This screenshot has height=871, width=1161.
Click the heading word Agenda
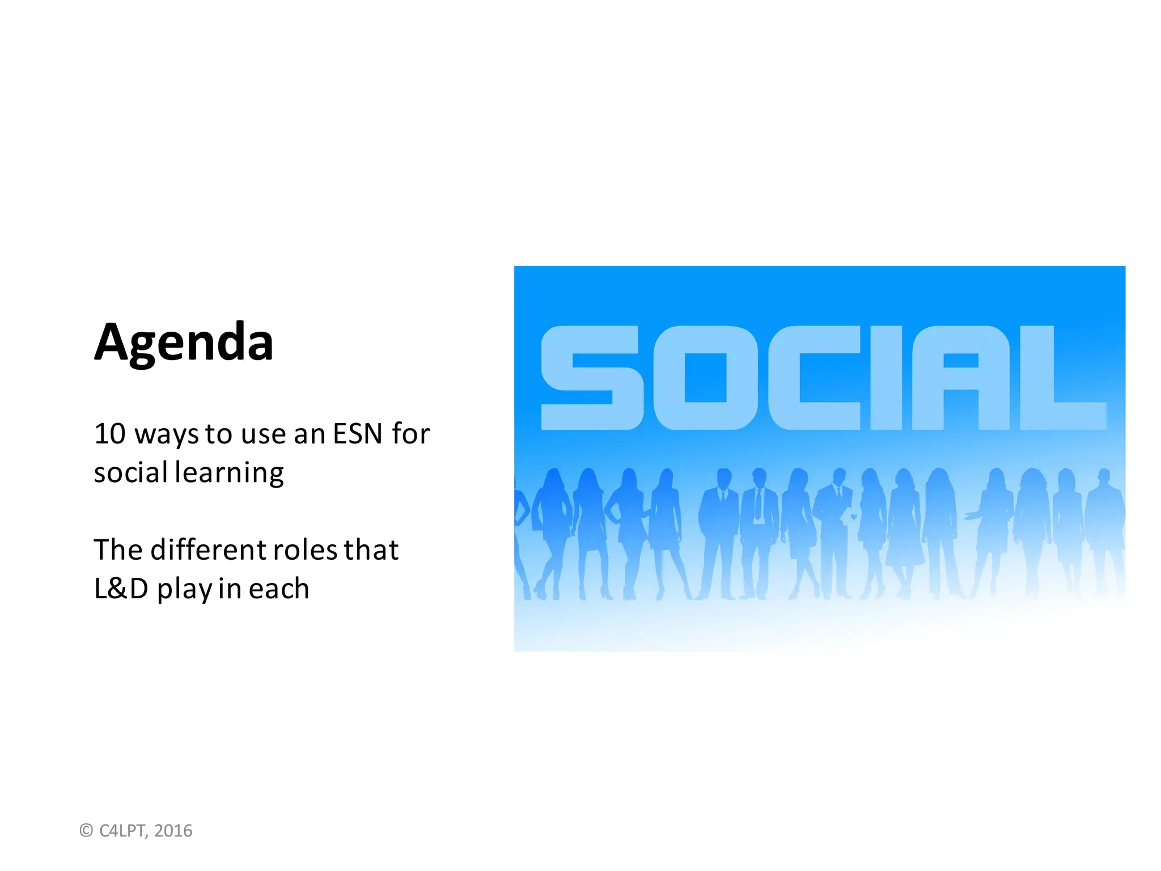(184, 343)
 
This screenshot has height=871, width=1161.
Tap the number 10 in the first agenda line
(109, 434)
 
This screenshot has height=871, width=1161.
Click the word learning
(229, 473)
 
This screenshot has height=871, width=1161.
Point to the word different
(208, 550)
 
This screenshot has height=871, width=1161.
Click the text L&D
(121, 589)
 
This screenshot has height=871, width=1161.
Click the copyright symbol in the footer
(86, 831)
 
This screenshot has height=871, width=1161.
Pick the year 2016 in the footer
(173, 831)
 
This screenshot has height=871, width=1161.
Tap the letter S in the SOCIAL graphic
(592, 378)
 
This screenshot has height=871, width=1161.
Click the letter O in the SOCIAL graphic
(705, 378)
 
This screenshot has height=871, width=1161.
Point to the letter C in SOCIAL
(814, 378)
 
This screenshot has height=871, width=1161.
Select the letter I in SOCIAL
(885, 378)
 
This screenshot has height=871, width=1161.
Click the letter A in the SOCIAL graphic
(960, 378)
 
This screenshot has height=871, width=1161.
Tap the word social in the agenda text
(131, 473)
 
